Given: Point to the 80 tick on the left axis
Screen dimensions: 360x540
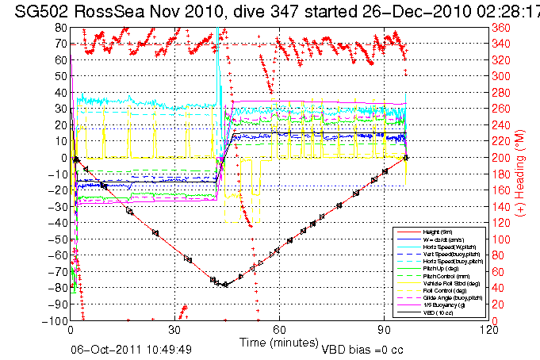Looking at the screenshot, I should [x=61, y=26].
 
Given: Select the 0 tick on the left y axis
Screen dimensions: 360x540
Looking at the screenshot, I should [x=64, y=157].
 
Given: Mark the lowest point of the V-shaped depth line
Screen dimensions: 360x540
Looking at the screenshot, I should [x=225, y=285].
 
